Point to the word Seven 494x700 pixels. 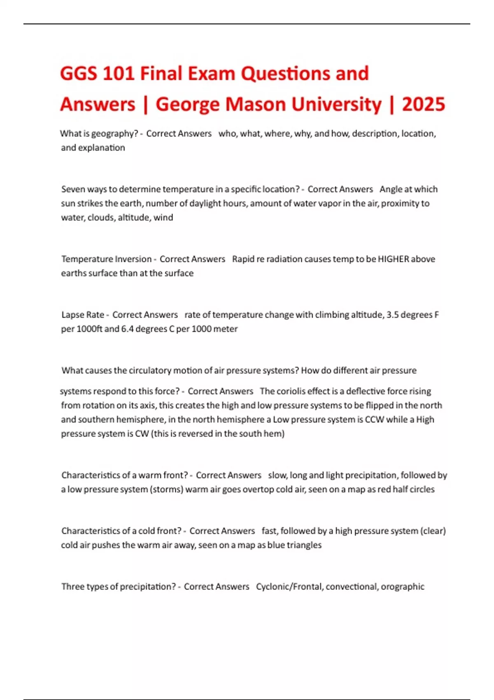73,189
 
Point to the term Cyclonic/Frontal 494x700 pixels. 289,587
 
